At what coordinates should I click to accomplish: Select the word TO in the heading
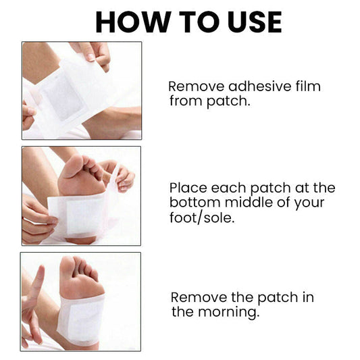point(199,22)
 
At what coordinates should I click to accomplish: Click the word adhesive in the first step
point(260,86)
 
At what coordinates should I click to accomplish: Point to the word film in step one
point(308,86)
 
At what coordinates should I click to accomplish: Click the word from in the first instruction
point(186,101)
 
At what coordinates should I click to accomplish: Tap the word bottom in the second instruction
point(195,203)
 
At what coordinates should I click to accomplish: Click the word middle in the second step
point(249,203)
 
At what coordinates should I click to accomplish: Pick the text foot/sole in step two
point(202,217)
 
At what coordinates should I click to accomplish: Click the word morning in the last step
point(229,313)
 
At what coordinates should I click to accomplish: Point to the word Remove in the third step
point(199,298)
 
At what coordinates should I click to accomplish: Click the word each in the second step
point(228,188)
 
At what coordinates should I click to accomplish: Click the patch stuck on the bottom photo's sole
point(80,319)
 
